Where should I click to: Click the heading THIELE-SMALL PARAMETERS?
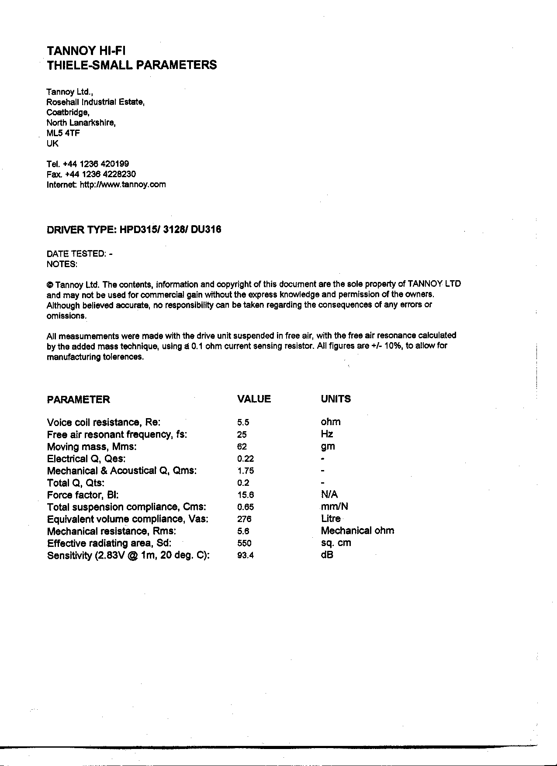[x=131, y=65]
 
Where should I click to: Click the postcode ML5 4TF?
[x=63, y=133]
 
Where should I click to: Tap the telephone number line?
[x=87, y=164]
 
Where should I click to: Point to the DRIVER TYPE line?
[x=134, y=230]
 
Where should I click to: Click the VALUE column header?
[x=253, y=399]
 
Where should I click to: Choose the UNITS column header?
[x=336, y=399]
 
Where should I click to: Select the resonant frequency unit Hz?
[x=327, y=434]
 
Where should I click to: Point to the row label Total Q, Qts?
[x=76, y=483]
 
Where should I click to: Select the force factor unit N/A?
[x=329, y=495]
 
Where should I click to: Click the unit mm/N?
[x=334, y=507]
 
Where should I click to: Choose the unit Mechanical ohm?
[x=357, y=531]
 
